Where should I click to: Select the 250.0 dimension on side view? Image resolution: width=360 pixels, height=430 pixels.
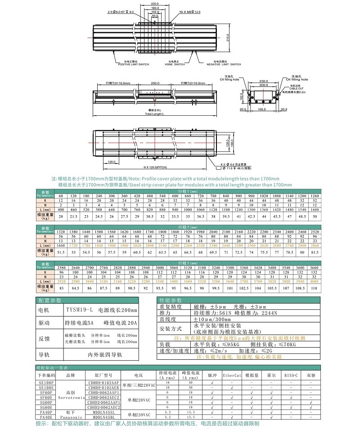(155, 83)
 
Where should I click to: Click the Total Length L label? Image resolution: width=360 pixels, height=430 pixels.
(155, 114)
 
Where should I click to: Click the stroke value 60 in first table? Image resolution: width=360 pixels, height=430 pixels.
(61, 196)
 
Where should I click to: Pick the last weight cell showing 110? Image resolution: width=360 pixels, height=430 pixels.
(314, 288)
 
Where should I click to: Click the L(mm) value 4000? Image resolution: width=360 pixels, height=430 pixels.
(314, 280)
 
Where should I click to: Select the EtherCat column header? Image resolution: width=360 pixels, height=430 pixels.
(232, 375)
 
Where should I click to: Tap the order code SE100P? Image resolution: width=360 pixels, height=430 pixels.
(46, 383)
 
